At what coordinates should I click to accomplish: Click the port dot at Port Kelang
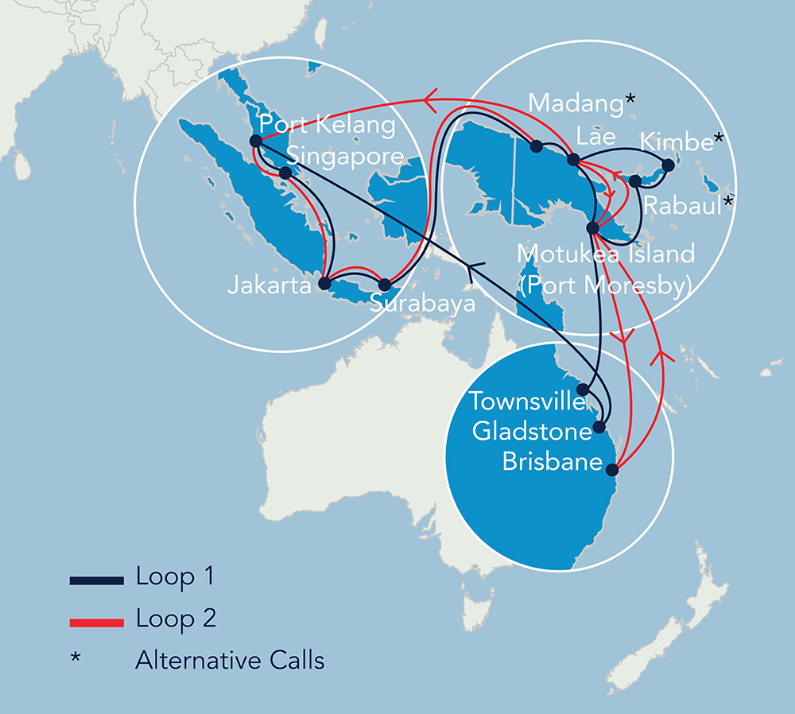pyautogui.click(x=256, y=142)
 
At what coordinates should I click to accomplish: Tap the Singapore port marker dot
pyautogui.click(x=285, y=173)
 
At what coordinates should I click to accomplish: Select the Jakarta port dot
pyautogui.click(x=324, y=283)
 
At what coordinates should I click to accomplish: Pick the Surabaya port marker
pyautogui.click(x=385, y=284)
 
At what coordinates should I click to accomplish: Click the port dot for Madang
pyautogui.click(x=536, y=146)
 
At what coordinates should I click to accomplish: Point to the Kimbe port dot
pyautogui.click(x=668, y=165)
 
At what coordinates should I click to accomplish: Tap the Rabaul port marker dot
pyautogui.click(x=635, y=181)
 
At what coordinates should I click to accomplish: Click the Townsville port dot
pyautogui.click(x=583, y=390)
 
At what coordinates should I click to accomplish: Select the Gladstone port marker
pyautogui.click(x=599, y=427)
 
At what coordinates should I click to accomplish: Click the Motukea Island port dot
pyautogui.click(x=591, y=228)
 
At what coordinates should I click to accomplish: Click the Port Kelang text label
pyautogui.click(x=328, y=126)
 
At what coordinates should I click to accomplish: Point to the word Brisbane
pyautogui.click(x=552, y=462)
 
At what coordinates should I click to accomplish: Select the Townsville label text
pyautogui.click(x=527, y=401)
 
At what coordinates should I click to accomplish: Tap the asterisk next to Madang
pyautogui.click(x=630, y=99)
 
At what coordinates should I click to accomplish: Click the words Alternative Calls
pyautogui.click(x=230, y=660)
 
